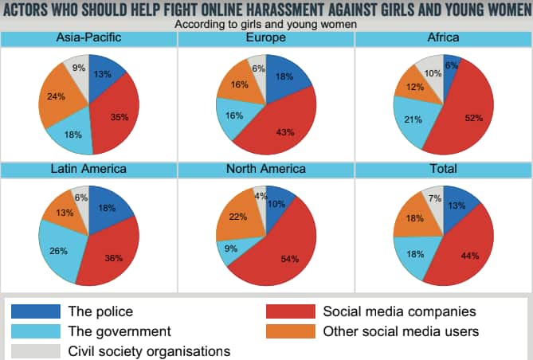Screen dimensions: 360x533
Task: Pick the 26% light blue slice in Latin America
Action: tap(58, 251)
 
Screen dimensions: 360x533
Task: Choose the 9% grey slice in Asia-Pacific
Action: tap(78, 68)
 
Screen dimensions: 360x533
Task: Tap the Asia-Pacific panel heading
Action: tap(88, 38)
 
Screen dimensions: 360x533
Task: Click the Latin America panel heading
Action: tap(88, 170)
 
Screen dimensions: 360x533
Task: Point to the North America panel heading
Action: tap(266, 170)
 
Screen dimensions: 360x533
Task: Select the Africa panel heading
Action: tap(443, 38)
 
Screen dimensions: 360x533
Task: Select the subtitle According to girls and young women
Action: tap(265, 24)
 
